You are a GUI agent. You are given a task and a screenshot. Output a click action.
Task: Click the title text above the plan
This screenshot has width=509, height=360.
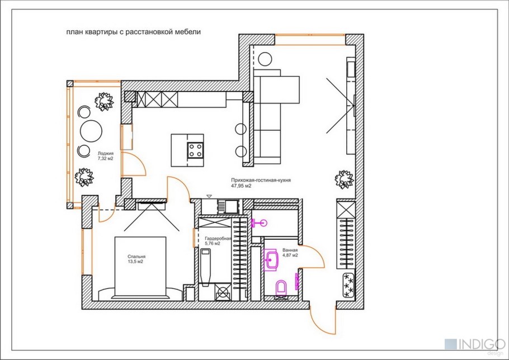(134, 32)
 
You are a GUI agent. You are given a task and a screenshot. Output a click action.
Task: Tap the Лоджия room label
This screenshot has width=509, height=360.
(106, 153)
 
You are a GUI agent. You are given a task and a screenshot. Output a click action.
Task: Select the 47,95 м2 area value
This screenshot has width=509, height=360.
(241, 186)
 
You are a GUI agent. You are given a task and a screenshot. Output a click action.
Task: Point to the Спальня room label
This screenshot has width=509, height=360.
(136, 256)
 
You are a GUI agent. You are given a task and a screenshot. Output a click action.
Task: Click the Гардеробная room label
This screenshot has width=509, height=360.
(218, 239)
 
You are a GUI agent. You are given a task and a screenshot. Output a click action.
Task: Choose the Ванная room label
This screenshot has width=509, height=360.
(290, 250)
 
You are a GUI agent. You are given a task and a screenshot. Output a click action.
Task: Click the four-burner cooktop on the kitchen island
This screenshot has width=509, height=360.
(195, 150)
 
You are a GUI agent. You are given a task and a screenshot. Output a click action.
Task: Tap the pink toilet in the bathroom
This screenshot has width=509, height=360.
(281, 287)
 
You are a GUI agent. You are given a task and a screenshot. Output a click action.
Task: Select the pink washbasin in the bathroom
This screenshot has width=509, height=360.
(271, 259)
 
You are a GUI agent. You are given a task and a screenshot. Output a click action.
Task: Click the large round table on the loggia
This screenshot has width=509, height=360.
(91, 131)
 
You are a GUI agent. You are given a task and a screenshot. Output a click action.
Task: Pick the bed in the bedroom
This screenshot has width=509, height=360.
(140, 267)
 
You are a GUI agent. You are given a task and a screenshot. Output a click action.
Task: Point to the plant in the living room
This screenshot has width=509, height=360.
(344, 179)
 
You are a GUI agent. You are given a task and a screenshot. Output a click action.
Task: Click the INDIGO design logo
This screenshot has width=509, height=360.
(474, 345)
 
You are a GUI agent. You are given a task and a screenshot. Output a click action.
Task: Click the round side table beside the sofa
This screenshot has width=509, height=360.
(265, 59)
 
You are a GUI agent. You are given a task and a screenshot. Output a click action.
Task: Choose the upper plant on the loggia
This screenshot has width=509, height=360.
(104, 102)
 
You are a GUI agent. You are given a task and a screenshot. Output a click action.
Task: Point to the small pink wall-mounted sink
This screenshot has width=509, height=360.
(260, 223)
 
